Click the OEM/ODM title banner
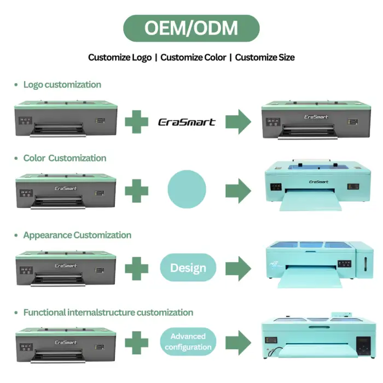click(191, 28)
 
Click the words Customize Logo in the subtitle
click(120, 57)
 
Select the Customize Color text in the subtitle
click(193, 57)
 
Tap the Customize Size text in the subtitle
click(265, 57)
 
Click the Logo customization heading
click(62, 85)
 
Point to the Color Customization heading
click(65, 158)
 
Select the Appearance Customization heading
click(77, 235)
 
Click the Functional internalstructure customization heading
click(108, 312)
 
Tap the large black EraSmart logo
click(187, 122)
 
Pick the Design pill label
click(188, 268)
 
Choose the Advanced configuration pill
click(188, 341)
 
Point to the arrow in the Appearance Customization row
click(238, 268)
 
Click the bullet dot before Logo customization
click(16, 85)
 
